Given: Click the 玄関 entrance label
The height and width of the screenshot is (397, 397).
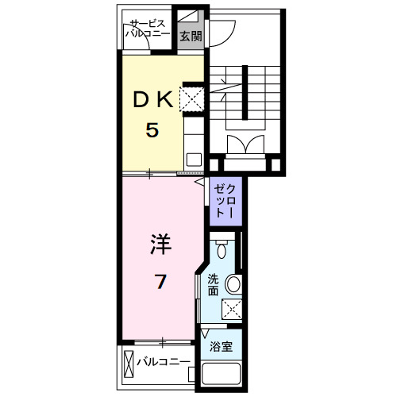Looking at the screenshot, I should coord(189,37).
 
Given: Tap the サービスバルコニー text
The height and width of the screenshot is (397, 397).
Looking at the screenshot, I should coord(148,29).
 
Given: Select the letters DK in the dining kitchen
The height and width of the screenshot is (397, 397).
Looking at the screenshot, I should coord(152,100).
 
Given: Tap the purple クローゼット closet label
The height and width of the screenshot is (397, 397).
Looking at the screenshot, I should coord(223,200).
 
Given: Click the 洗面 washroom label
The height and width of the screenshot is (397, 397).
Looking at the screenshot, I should coord(213,284).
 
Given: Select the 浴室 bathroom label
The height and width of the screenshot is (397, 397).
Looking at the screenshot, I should coord(221,346).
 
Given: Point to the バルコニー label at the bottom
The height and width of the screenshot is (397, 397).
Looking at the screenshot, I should coord(163,363).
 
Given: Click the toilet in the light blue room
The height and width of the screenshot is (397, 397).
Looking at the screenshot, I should coord(222,249).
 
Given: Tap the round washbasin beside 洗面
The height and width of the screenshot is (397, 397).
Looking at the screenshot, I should coord(233,283).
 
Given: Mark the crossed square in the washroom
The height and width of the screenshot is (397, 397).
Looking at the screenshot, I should coord(231,309).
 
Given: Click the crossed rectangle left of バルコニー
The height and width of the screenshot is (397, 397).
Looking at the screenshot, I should coord(129,363).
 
